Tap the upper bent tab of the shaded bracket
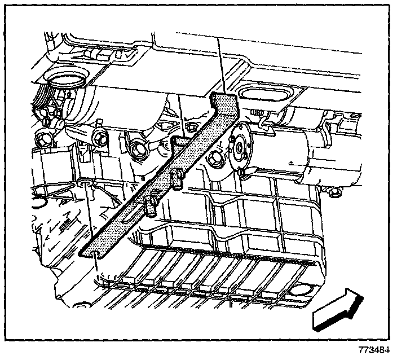click(224, 104)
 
